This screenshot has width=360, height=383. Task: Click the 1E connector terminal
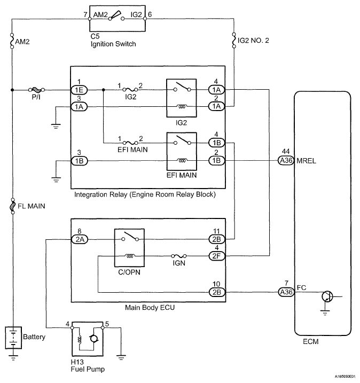[79, 90]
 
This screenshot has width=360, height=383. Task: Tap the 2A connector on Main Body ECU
[80, 239]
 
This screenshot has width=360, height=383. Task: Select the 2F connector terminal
[217, 256]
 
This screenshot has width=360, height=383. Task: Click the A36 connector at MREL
[286, 160]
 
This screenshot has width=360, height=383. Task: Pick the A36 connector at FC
[286, 292]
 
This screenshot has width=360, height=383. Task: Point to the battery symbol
[13, 338]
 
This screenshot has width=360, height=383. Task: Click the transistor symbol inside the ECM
[327, 296]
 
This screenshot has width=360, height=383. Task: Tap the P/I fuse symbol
[37, 90]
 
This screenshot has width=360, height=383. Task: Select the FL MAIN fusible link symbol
[13, 206]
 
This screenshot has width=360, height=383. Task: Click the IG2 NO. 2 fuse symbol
[234, 40]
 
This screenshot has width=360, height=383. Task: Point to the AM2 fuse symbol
[12, 41]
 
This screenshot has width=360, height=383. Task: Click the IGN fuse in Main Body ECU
[179, 256]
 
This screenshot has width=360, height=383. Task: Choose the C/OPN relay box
[129, 248]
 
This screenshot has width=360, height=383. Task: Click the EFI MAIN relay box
[182, 152]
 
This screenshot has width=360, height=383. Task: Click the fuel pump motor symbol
[94, 339]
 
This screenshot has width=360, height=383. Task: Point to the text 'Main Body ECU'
[150, 308]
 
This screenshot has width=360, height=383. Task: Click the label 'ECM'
[310, 341]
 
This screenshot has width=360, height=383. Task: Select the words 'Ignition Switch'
[113, 44]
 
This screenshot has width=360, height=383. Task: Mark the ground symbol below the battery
[13, 357]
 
